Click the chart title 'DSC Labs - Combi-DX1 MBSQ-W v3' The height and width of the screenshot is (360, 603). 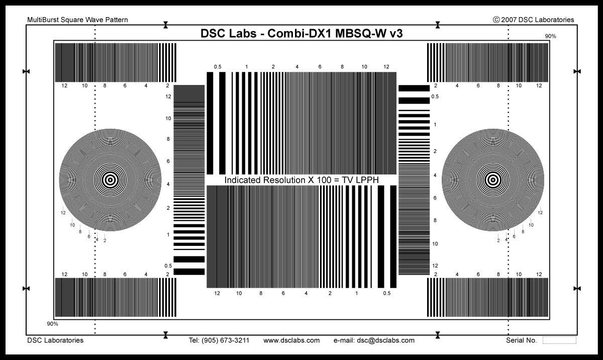(x=301, y=34)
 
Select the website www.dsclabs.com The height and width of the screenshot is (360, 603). (x=291, y=340)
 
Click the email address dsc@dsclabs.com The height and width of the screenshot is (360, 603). (x=385, y=340)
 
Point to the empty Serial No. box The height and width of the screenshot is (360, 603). (x=559, y=340)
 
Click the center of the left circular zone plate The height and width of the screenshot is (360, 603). (x=110, y=179)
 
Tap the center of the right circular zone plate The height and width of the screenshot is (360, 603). (x=493, y=179)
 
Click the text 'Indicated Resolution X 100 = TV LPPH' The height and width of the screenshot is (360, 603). (x=301, y=180)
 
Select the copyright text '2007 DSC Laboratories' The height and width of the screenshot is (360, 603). (x=538, y=20)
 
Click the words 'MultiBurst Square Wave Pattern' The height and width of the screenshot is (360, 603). (x=77, y=20)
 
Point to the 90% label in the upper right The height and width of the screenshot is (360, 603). (x=551, y=36)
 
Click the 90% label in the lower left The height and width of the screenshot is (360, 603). (x=52, y=324)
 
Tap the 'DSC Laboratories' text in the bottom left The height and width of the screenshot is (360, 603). (x=55, y=340)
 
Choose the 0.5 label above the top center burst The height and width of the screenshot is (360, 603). (x=218, y=67)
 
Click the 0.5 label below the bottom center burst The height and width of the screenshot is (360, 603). (x=386, y=293)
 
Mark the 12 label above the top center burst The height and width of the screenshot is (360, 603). (x=386, y=67)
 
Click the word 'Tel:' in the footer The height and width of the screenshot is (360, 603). (x=194, y=340)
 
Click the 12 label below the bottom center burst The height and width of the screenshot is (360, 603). (x=217, y=293)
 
